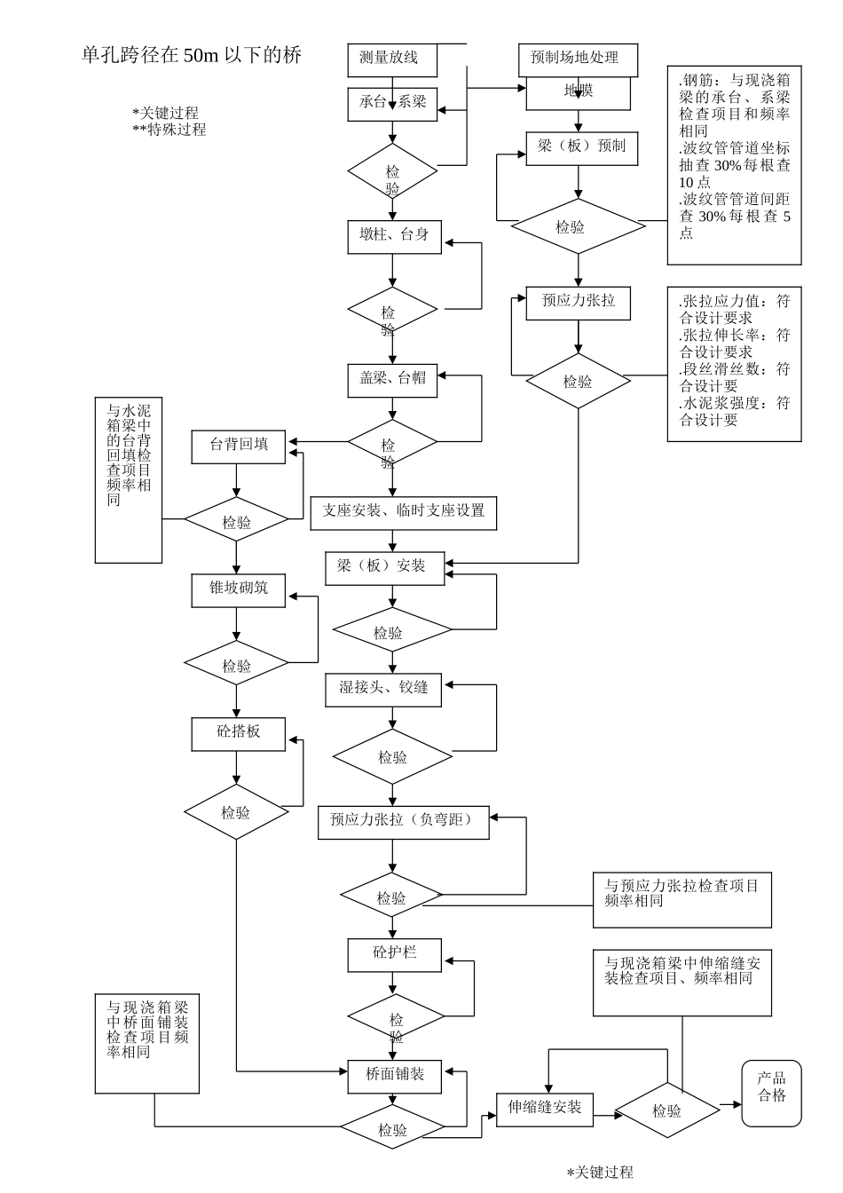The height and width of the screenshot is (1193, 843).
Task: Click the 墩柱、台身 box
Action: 394,236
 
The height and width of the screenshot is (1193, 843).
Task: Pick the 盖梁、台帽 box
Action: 392,379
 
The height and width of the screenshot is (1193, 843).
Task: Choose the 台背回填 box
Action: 239,446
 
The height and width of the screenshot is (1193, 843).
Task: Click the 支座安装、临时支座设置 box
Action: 403,512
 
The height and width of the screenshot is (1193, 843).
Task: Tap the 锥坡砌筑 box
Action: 239,589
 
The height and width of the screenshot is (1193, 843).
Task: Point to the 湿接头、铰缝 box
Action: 384,689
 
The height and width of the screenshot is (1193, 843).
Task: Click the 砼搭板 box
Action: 239,733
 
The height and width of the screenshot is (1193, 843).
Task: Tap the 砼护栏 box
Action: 394,954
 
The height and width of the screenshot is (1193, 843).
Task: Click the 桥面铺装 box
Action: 394,1075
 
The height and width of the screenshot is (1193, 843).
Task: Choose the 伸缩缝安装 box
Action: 544,1109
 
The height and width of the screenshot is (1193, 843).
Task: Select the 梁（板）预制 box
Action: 581,146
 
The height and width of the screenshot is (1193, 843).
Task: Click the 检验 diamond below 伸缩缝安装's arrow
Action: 666,1111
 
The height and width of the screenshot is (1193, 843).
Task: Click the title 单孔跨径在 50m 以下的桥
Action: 192,56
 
